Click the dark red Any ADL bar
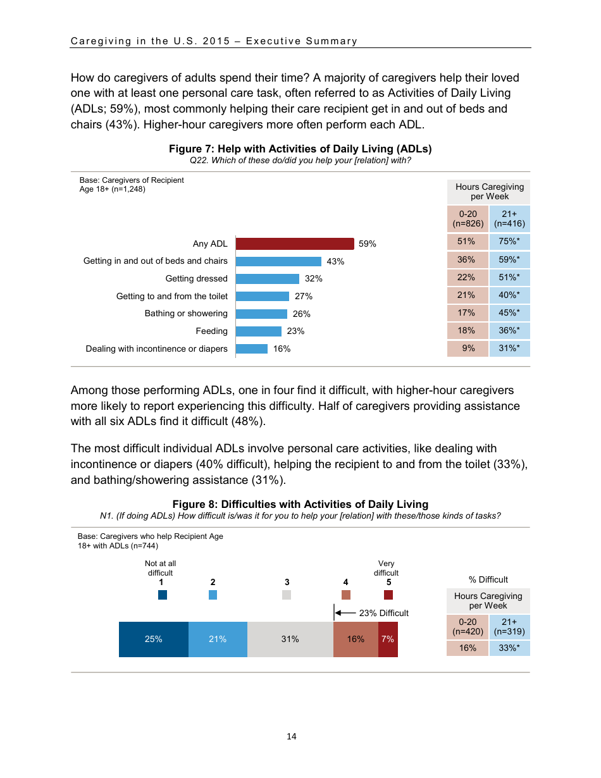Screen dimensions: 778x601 tap(295, 244)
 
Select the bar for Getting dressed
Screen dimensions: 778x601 tap(268, 279)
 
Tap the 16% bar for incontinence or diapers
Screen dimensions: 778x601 tap(252, 349)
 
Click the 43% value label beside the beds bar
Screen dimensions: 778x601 tap(335, 261)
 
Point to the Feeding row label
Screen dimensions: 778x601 tap(211, 331)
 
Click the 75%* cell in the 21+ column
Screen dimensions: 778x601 tap(509, 241)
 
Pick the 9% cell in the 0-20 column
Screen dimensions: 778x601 tap(468, 348)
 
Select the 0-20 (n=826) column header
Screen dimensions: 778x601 tap(468, 219)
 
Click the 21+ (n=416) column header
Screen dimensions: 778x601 tap(509, 219)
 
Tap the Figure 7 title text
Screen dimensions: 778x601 tap(300, 149)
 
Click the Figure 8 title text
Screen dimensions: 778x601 tap(300, 504)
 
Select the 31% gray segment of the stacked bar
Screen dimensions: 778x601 tap(290, 639)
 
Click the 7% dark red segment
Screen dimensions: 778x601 tap(388, 639)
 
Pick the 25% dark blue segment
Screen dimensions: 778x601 tap(154, 639)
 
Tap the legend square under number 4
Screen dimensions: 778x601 tap(345, 595)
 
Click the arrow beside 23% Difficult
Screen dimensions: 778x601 tap(345, 613)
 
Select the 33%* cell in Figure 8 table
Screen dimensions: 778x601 tap(509, 648)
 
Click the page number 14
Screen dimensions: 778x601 tap(292, 736)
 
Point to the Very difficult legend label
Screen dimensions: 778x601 tap(386, 568)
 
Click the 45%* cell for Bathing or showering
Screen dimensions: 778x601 tap(509, 312)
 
